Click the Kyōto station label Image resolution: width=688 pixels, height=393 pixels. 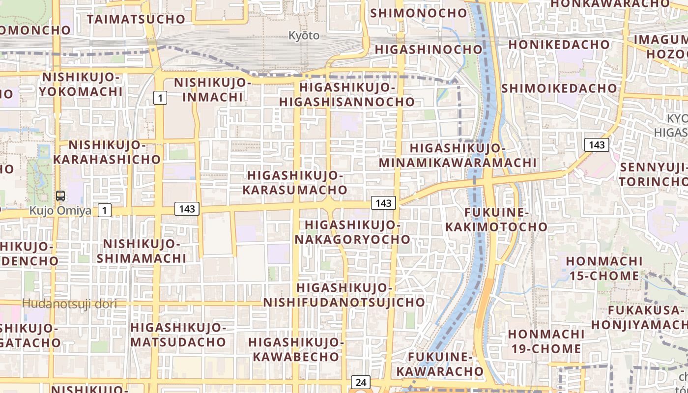point(303,35)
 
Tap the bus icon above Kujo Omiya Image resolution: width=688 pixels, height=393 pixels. point(61,196)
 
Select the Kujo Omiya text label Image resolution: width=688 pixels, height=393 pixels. point(60,211)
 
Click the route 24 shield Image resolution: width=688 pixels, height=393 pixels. point(361,382)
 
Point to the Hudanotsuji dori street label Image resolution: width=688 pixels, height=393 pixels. point(69,304)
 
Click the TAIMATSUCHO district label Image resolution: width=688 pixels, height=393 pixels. point(136,19)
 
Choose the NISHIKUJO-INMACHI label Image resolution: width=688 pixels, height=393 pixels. point(212,89)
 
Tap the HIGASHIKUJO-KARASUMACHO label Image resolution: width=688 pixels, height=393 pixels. point(297,182)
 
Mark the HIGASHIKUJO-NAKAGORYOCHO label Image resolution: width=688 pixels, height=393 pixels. point(353,232)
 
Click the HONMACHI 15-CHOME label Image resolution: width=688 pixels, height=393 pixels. point(603,268)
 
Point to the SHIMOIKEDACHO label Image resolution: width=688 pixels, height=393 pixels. point(559,88)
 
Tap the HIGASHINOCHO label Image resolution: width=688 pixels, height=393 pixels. point(429,50)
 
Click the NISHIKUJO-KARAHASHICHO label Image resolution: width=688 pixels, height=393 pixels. point(107,152)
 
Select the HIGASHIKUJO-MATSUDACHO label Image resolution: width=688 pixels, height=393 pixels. point(178,335)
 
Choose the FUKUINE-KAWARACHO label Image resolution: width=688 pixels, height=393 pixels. point(440,364)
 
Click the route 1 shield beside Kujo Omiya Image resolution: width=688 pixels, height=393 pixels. point(104,211)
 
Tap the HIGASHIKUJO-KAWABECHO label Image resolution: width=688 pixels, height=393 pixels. point(295,349)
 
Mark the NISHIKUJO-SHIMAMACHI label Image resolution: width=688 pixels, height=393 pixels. point(142,251)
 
